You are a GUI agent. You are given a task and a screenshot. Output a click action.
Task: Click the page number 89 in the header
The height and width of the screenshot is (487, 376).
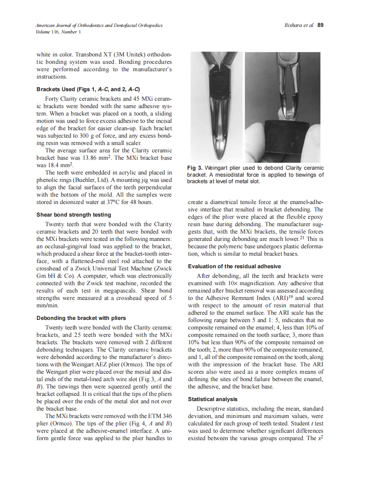pyautogui.click(x=320, y=25)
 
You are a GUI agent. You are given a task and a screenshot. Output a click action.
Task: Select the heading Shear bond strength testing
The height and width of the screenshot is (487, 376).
pyautogui.click(x=73, y=215)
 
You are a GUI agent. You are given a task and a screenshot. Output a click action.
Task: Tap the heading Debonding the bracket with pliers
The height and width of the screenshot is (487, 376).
pyautogui.click(x=81, y=318)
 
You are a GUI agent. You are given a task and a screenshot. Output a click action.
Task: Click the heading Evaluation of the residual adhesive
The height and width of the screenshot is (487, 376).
pyautogui.click(x=234, y=266)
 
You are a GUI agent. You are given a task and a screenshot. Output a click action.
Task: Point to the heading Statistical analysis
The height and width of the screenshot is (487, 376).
pyautogui.click(x=213, y=399)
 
